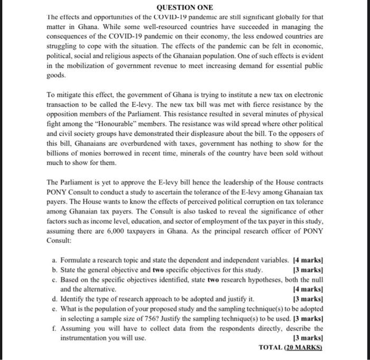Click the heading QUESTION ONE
(185, 7)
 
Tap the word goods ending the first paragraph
(55, 76)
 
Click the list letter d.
(55, 299)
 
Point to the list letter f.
(55, 328)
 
